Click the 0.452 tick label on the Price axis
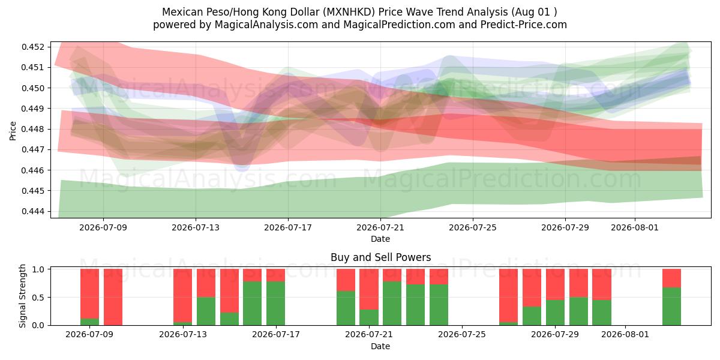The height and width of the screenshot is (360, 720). point(32,47)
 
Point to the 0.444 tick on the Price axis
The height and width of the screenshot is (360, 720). point(32,211)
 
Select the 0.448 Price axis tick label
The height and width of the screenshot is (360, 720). point(32,129)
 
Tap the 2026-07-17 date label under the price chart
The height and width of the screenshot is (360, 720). point(288,227)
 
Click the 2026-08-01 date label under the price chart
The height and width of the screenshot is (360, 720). point(635,227)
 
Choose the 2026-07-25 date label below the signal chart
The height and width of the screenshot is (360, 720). point(462,335)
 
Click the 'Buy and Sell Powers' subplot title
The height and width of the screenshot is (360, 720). point(380,257)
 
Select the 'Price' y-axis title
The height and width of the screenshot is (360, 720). point(13,131)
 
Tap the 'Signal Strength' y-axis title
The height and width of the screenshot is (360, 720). point(22,296)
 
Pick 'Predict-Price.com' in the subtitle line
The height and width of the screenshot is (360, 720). point(524,25)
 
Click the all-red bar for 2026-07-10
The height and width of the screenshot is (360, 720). point(113,297)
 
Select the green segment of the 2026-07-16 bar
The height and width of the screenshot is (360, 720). point(253,304)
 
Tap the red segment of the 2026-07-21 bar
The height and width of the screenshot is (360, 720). point(369,289)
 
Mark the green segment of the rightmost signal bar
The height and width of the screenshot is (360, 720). point(672,307)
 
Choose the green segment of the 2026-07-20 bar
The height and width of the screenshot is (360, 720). point(346,308)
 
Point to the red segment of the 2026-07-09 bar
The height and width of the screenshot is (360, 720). point(89,294)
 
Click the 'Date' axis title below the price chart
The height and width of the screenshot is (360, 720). point(380,239)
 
